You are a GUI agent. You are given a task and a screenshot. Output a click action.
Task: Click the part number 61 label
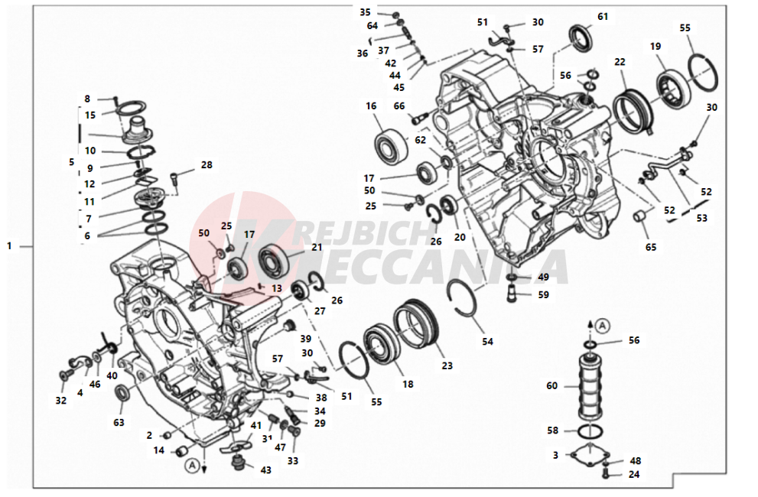602,16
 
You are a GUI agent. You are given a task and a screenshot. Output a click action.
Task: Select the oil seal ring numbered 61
579,36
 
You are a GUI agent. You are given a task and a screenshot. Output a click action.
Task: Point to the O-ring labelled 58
590,430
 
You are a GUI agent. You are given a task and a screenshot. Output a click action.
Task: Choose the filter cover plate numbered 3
589,454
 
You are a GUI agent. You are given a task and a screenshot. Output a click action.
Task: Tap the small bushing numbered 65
640,216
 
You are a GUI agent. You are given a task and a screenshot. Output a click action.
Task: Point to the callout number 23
447,365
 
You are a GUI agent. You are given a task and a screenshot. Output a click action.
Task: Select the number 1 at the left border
8,245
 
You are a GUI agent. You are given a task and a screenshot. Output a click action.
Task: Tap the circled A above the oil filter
602,326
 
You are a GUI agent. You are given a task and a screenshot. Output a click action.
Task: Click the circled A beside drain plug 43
193,466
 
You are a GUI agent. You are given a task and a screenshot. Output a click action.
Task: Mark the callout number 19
655,47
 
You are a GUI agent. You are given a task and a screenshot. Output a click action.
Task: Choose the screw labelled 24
607,474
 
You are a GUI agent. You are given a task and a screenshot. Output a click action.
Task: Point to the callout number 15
90,115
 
